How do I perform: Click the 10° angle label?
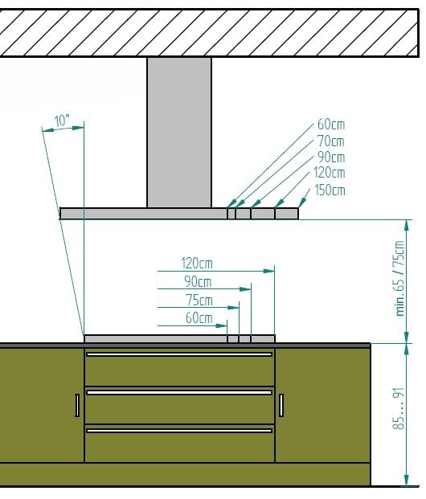62,121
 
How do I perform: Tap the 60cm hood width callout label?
331,124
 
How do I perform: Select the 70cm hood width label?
331,141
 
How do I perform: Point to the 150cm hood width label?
330,190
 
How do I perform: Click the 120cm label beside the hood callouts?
330,173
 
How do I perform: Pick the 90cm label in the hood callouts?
331,157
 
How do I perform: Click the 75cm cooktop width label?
199,300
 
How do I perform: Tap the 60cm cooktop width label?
199,318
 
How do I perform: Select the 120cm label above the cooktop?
197,264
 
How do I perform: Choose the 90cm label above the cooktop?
198,282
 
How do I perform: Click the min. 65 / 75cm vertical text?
400,278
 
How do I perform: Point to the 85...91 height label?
399,408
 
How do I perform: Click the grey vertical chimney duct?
179,133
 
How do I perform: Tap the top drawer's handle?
179,354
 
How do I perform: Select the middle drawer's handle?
179,392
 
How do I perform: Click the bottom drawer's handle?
179,431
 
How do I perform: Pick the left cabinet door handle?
77,405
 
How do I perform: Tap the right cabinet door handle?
281,405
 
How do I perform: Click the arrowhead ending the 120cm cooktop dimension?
268,271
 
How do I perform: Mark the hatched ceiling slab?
209,33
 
